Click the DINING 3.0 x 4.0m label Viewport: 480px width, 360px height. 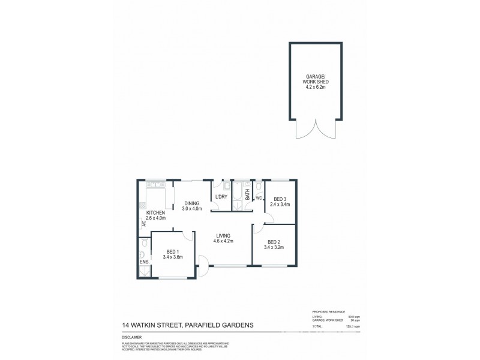(192, 206)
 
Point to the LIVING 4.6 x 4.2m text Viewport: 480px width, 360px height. (223, 238)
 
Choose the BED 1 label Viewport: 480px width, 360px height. (172, 254)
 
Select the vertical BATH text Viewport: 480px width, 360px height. (247, 194)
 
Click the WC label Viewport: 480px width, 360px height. (260, 199)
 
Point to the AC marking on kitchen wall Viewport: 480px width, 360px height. (144, 224)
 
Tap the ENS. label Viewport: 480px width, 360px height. (144, 262)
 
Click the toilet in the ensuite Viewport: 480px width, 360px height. (142, 244)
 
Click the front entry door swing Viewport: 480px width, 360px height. (203, 262)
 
